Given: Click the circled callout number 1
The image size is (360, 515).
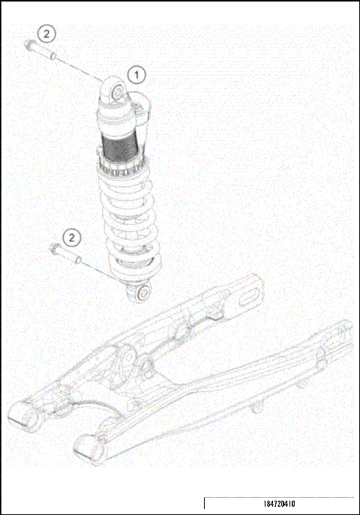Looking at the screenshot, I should click(x=136, y=74).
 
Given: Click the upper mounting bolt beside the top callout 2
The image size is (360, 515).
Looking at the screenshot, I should click(x=31, y=48).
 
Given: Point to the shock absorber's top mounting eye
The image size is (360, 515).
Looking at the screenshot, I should click(x=118, y=90).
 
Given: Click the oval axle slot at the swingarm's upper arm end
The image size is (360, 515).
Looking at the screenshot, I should click(x=246, y=300).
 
